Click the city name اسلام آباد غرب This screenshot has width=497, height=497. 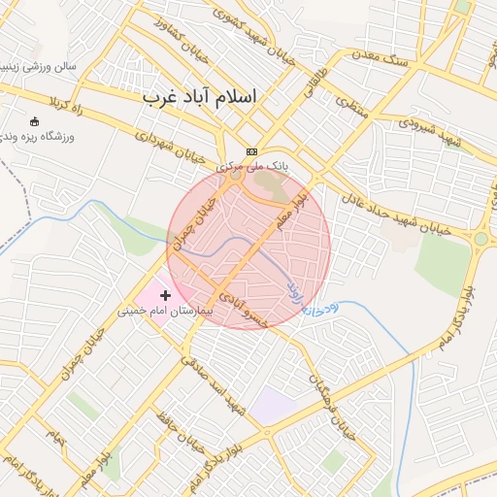(201, 98)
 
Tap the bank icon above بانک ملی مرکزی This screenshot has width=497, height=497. (252, 151)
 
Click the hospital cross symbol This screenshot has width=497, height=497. (165, 294)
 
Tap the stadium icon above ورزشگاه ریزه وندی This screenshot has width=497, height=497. (36, 121)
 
